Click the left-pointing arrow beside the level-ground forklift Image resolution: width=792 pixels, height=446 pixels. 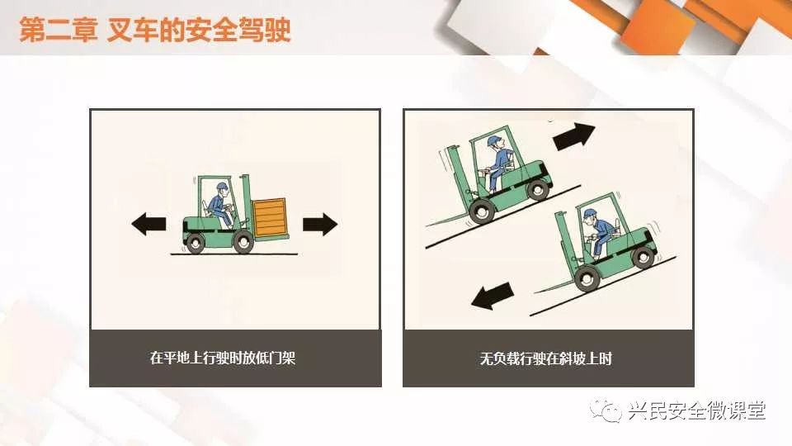[148, 224]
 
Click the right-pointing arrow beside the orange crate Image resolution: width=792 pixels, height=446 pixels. [320, 224]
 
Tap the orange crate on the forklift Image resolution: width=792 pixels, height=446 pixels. [271, 217]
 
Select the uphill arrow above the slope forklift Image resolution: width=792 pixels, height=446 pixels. [573, 136]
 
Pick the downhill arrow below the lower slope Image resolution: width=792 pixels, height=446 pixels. [493, 296]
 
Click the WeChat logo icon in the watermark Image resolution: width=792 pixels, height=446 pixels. [606, 410]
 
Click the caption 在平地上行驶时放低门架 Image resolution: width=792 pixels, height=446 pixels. [223, 358]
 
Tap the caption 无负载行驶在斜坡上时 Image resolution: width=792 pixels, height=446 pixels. [545, 358]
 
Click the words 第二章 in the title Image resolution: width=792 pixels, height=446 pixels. [58, 30]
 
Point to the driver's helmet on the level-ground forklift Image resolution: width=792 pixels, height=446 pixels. [222, 187]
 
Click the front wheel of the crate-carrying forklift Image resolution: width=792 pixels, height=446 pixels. [243, 243]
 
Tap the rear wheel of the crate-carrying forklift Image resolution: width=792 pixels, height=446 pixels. [195, 244]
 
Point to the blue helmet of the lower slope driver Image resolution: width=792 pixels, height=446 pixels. [590, 213]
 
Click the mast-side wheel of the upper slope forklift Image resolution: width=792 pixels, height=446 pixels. [482, 211]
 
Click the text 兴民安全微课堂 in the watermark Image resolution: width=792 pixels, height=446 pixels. [697, 410]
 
